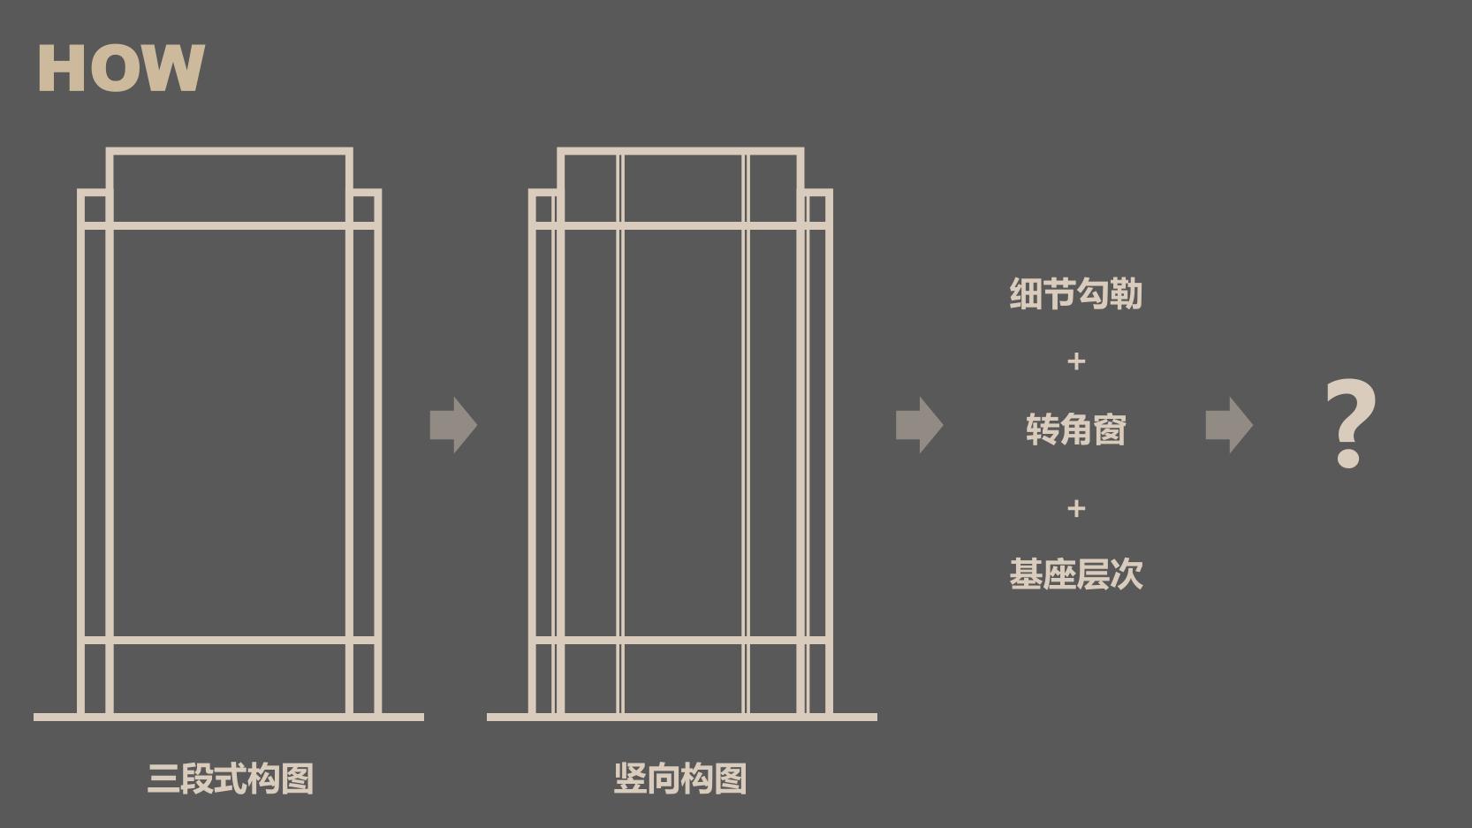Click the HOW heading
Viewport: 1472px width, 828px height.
pyautogui.click(x=122, y=68)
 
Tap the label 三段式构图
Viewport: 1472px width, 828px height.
pyautogui.click(x=231, y=778)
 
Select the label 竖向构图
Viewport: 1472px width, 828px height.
pyautogui.click(x=681, y=778)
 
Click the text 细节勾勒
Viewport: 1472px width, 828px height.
pyautogui.click(x=1076, y=293)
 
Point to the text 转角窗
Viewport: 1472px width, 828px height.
pyautogui.click(x=1076, y=429)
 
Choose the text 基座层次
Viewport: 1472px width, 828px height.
pyautogui.click(x=1076, y=574)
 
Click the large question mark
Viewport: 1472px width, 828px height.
pyautogui.click(x=1350, y=423)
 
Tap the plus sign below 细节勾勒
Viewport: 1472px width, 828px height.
pyautogui.click(x=1076, y=361)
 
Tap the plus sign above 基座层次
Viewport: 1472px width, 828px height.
pyautogui.click(x=1076, y=509)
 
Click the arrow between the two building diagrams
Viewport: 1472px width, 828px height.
pyautogui.click(x=453, y=425)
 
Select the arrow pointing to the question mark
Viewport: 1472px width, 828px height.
pyautogui.click(x=1229, y=425)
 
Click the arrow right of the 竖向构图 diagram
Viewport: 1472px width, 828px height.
pyautogui.click(x=920, y=425)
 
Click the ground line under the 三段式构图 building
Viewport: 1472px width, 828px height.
pyautogui.click(x=229, y=717)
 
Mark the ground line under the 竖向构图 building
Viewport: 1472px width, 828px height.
pyautogui.click(x=682, y=717)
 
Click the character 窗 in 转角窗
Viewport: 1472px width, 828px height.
pyautogui.click(x=1110, y=429)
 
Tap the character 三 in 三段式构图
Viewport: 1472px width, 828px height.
pyautogui.click(x=163, y=778)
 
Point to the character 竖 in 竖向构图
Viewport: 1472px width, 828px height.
pyautogui.click(x=630, y=778)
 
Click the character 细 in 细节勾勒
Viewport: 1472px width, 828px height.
pyautogui.click(x=1026, y=293)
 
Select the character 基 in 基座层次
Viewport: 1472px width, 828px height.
pyautogui.click(x=1026, y=574)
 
